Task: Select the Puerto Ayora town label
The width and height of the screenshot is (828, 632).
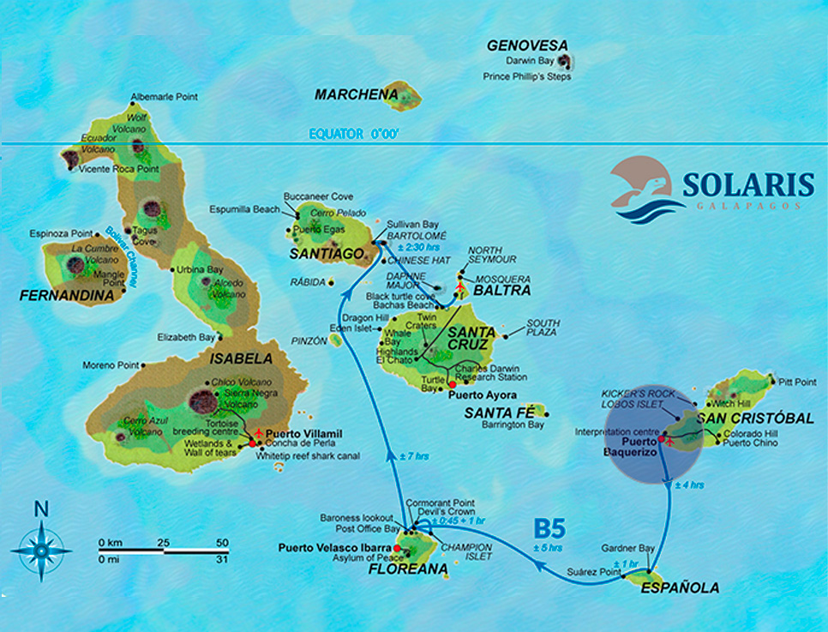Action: [489, 395]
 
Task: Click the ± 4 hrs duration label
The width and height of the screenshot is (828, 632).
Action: [689, 486]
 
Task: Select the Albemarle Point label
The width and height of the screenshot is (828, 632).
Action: [164, 98]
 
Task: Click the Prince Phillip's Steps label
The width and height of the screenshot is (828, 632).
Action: [526, 76]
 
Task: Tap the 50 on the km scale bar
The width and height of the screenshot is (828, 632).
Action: [221, 543]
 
